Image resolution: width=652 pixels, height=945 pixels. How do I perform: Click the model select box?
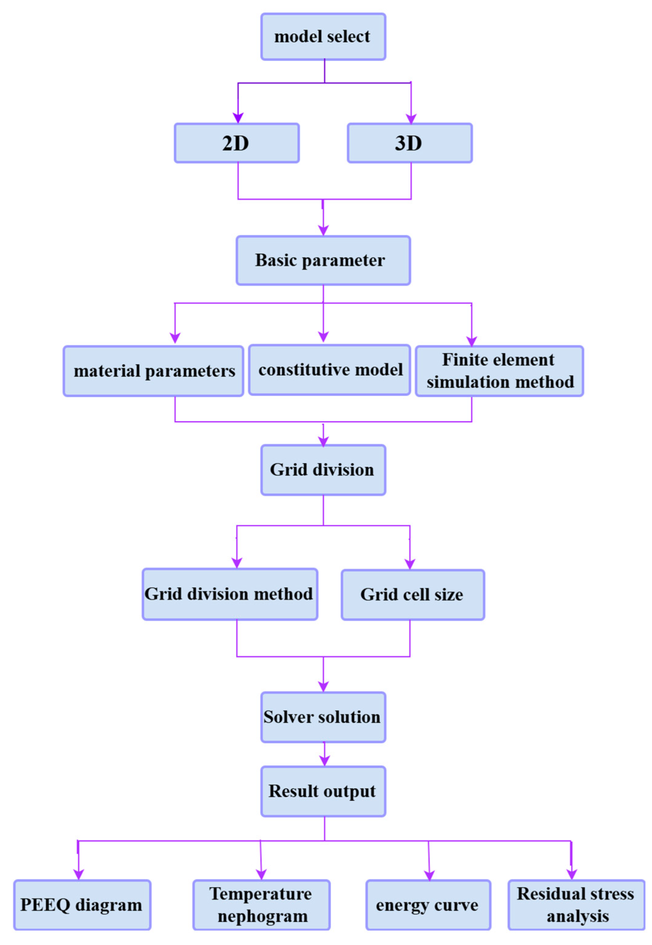click(x=323, y=37)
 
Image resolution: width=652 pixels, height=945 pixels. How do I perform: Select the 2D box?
click(x=237, y=143)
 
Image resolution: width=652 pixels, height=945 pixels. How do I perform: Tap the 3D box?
click(x=410, y=143)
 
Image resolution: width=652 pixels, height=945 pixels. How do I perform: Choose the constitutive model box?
click(x=330, y=370)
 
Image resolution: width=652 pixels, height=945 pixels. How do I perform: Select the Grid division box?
click(x=323, y=470)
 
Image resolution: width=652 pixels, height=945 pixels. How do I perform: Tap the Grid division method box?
click(x=230, y=594)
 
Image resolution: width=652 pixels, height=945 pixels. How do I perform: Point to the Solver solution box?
click(x=323, y=717)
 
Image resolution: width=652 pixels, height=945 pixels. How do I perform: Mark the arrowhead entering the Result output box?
click(x=324, y=760)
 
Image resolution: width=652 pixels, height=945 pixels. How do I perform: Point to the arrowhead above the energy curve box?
click(x=429, y=875)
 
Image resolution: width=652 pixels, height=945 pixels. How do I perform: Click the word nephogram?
click(x=263, y=916)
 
